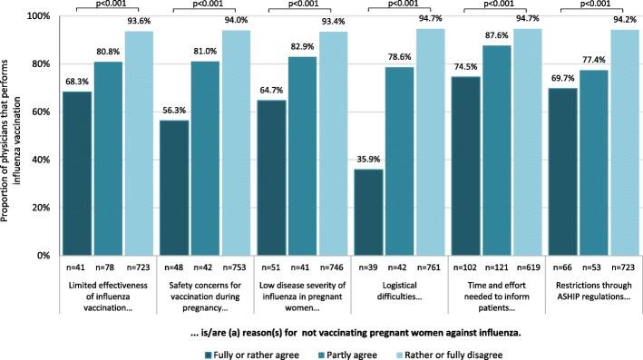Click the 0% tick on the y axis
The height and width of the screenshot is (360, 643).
41,256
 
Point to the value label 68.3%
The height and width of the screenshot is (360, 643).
78,83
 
